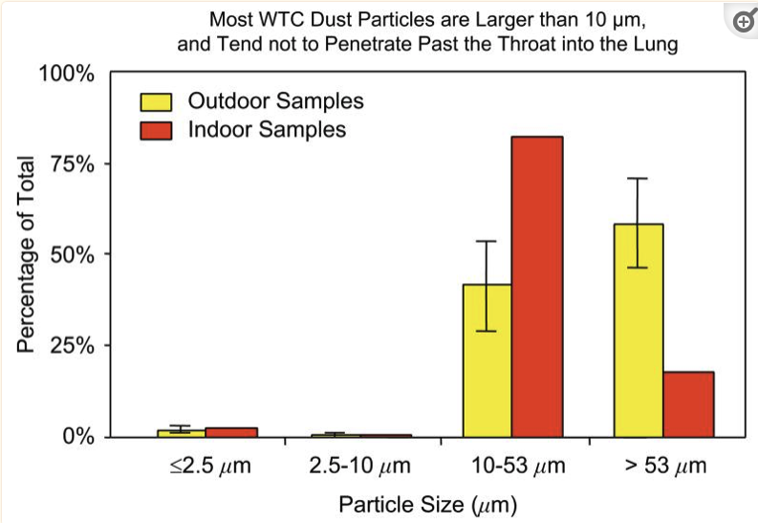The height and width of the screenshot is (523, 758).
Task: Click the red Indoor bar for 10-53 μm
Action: (537, 287)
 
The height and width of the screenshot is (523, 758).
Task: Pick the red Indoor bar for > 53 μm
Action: (688, 403)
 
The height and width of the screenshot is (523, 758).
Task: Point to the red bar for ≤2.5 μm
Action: (231, 432)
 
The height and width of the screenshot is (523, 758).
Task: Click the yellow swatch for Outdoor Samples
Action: (156, 101)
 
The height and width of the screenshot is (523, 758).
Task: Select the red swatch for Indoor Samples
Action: (156, 129)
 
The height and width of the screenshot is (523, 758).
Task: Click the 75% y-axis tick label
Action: (72, 164)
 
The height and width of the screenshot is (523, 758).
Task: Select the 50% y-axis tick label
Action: (72, 255)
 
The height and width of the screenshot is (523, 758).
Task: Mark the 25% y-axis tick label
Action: (72, 346)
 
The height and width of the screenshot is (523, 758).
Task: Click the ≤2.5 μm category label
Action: (206, 467)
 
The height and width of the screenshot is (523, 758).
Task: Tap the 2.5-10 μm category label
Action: (360, 467)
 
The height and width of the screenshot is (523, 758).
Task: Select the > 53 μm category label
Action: (665, 467)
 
